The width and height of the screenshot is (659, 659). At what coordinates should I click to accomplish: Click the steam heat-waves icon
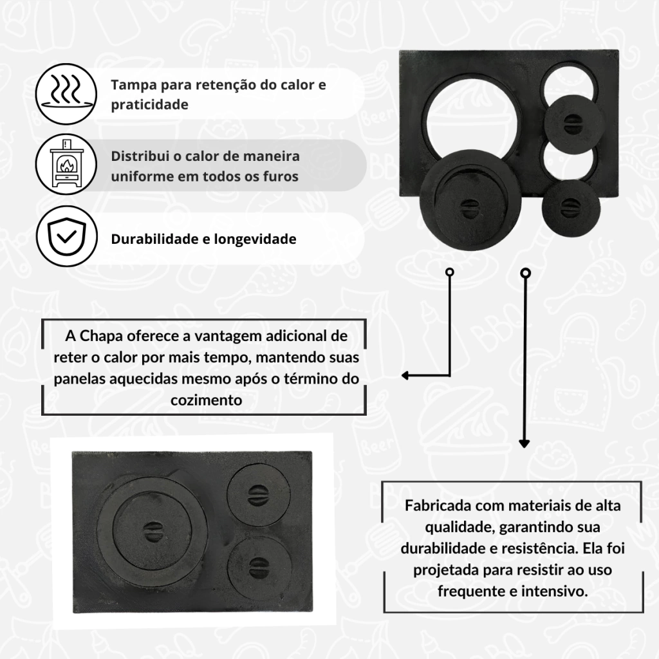66,94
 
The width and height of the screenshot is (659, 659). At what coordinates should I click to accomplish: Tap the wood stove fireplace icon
66,164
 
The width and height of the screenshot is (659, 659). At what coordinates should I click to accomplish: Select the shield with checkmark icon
66,236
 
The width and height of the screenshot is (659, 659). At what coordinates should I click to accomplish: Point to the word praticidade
149,105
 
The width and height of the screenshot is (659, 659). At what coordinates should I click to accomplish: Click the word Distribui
140,156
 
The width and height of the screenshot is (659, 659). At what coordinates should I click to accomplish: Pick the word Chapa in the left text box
101,336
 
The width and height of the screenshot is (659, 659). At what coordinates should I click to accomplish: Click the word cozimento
207,400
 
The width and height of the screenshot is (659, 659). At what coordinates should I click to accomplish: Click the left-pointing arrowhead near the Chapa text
405,375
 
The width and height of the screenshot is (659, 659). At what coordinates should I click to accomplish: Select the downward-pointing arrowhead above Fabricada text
524,443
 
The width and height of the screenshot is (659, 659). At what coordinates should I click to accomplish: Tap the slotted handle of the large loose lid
470,209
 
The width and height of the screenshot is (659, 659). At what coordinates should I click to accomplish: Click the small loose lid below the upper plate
570,207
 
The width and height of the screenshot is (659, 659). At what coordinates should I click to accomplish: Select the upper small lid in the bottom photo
259,495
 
